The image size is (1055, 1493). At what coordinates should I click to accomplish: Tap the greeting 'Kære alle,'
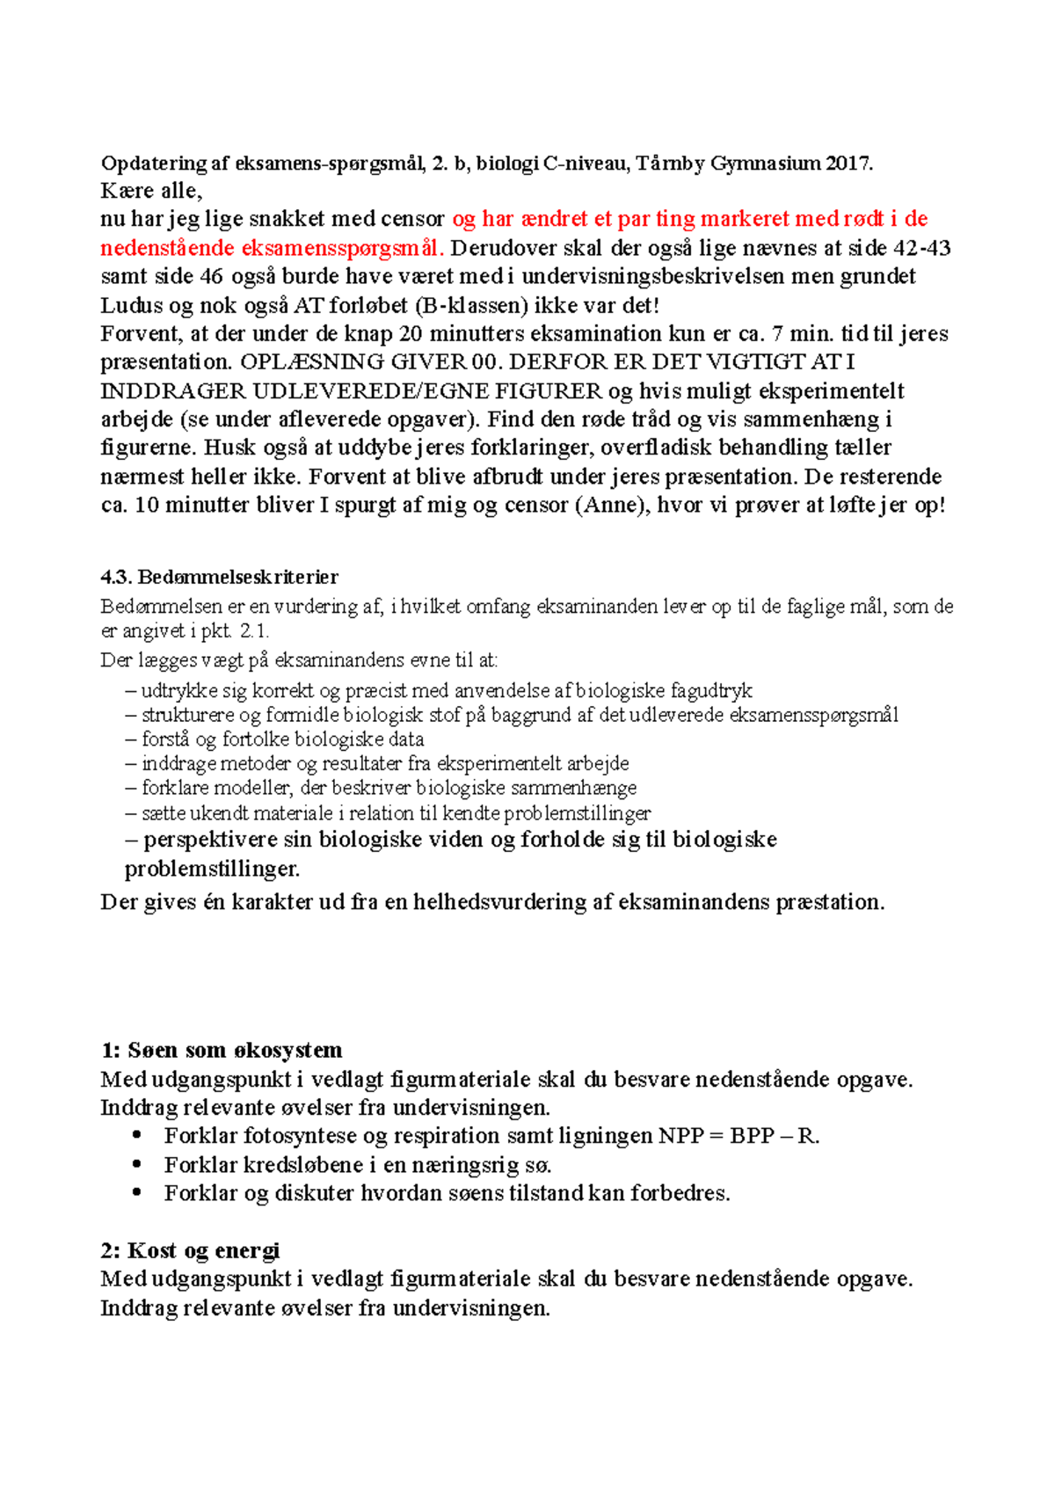tap(151, 191)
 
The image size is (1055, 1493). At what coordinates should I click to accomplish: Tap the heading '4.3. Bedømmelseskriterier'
tap(220, 578)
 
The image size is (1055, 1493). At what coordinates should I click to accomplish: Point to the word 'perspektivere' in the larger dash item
tap(208, 840)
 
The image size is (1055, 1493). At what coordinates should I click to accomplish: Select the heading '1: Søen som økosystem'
tap(222, 1051)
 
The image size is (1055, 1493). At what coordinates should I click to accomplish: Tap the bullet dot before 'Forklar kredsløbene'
tap(136, 1164)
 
